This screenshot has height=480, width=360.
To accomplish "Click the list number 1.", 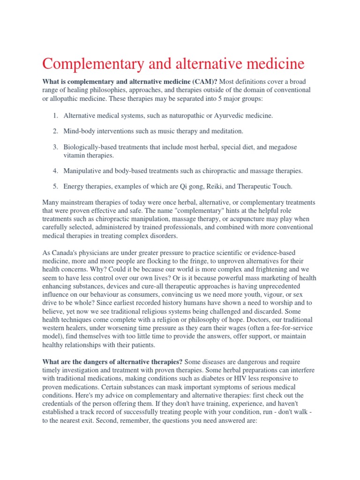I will coord(55,115).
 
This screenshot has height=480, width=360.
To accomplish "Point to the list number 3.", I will coord(55,147).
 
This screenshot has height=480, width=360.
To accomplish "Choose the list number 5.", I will coord(55,187).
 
